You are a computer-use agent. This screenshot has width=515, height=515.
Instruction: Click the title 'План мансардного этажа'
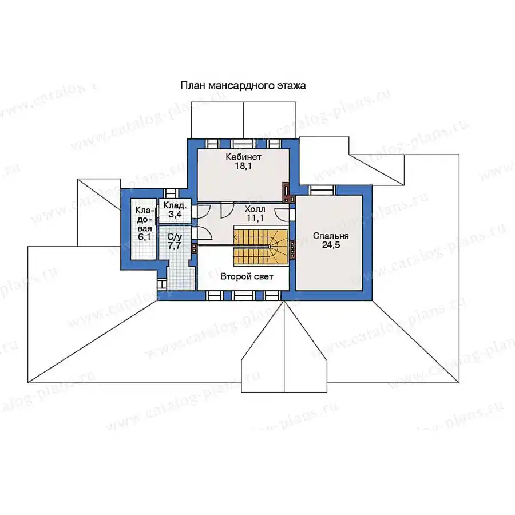[x=243, y=86]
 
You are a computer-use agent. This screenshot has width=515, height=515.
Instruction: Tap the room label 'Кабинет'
[x=243, y=157]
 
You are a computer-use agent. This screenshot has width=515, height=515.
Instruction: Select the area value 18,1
[x=243, y=166]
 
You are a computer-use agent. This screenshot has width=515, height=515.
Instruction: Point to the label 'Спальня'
[x=331, y=236]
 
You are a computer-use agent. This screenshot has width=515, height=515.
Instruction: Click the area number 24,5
[x=331, y=245]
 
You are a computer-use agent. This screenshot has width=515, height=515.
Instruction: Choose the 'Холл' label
[x=255, y=209]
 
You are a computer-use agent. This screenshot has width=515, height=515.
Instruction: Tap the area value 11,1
[x=255, y=218]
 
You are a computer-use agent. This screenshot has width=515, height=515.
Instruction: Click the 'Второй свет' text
[x=247, y=276]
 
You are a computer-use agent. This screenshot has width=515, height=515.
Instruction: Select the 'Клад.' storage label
[x=175, y=205]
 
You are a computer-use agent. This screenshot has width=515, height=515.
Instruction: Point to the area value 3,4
[x=175, y=215]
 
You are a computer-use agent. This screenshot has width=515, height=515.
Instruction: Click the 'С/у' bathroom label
[x=175, y=236]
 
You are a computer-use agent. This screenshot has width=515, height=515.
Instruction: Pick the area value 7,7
[x=175, y=245]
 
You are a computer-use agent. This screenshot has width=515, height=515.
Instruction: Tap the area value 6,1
[x=144, y=236]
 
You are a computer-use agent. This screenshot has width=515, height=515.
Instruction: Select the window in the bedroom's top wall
[x=321, y=190]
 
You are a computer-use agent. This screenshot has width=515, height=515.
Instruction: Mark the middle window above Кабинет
[x=243, y=144]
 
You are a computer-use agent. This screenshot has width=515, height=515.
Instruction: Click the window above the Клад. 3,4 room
[x=172, y=193]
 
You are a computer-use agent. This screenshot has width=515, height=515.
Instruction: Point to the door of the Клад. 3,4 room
[x=200, y=212]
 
